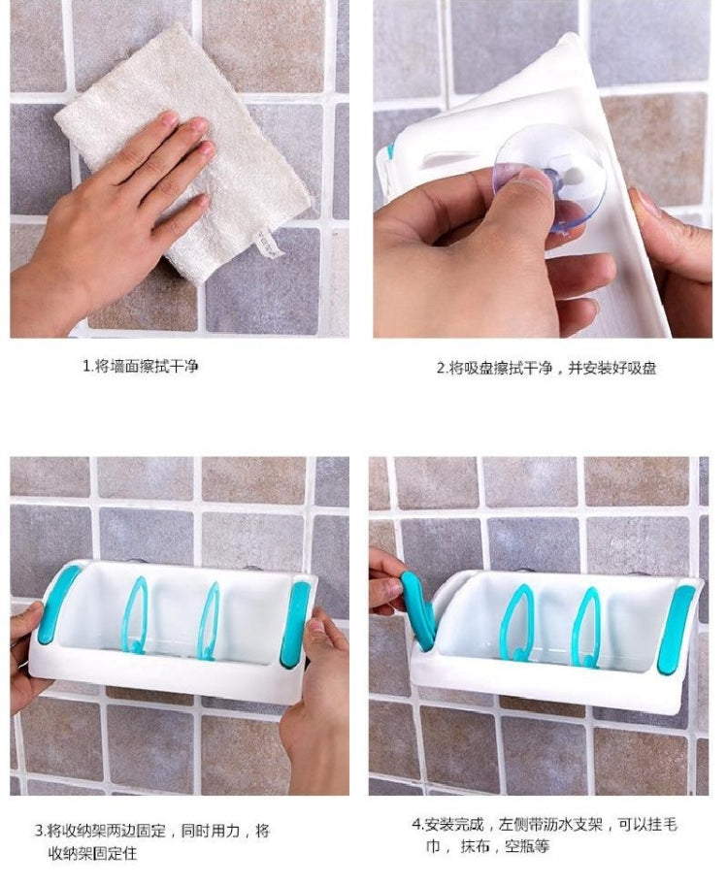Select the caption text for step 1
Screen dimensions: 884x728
click(142, 367)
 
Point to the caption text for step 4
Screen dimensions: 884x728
click(544, 835)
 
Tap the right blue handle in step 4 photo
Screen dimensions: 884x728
click(676, 630)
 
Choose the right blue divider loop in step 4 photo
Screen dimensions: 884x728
click(585, 626)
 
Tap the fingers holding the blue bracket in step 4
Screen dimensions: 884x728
click(386, 582)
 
